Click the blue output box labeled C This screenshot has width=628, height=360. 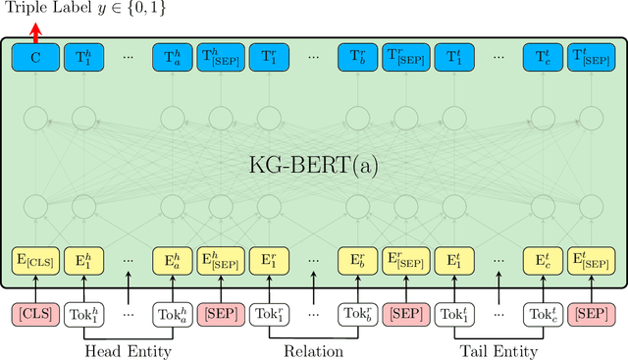point(35,58)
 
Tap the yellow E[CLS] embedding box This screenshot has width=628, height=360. point(35,261)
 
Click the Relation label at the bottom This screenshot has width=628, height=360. point(313,351)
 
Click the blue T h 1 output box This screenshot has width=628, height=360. point(82,58)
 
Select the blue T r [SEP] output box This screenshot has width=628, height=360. point(404,58)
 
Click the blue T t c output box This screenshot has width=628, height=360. point(543,58)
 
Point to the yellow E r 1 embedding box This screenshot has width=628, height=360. point(268,261)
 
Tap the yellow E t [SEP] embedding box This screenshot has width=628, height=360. point(590,261)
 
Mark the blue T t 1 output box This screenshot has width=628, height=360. point(451,58)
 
